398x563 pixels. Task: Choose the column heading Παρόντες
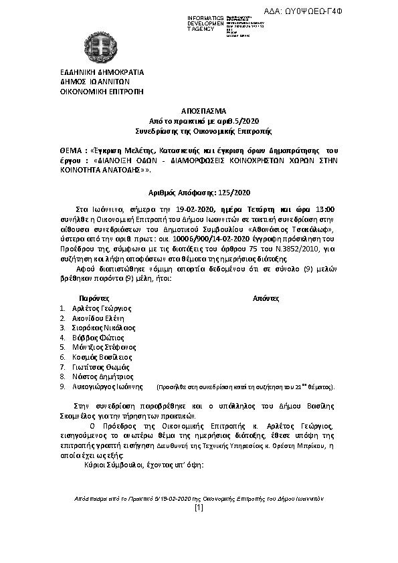94,297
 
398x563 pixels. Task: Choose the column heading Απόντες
265,297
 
